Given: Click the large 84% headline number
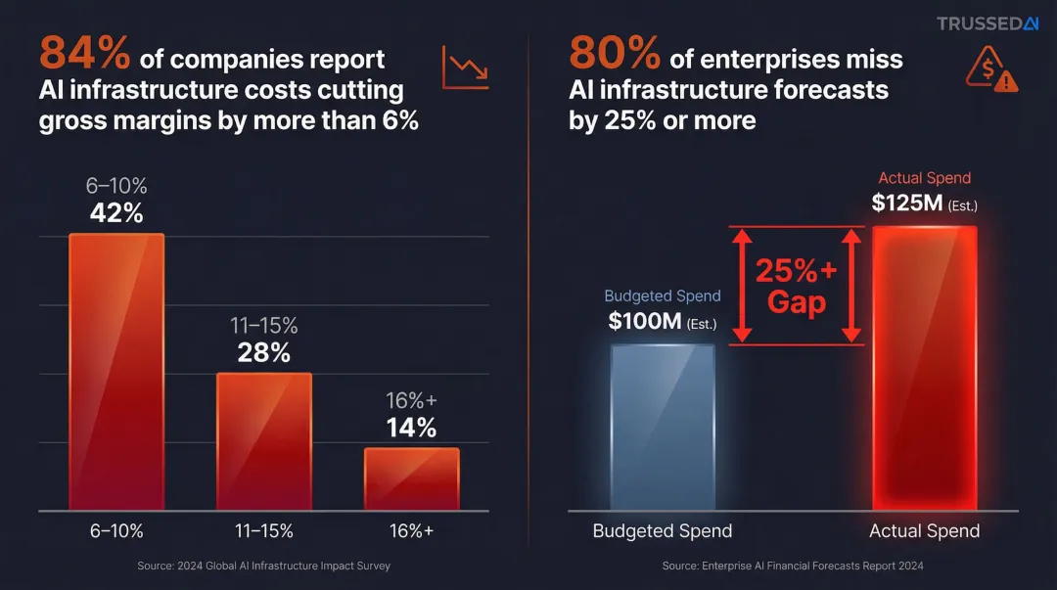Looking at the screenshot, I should pos(84,54).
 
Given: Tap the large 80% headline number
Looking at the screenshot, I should pos(614,54).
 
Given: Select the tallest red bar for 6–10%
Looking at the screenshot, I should pos(116,372).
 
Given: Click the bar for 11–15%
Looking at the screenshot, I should pos(264,441).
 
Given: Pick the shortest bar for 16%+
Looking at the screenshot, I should pos(411,478).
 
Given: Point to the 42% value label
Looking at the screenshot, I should pos(116,213).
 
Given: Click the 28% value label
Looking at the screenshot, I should pos(264,353).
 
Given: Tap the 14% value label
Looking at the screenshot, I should pos(411,428).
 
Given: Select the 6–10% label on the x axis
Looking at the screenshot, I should pos(116,531).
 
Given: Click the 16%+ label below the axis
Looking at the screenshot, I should pos(411,531).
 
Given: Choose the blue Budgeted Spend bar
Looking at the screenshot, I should pos(663,427).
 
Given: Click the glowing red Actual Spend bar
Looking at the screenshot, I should pos(924,368).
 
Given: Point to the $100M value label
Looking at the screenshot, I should pos(647,321).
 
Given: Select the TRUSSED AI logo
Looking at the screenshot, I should pos(987,23).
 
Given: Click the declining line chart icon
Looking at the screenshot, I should pos(465,67).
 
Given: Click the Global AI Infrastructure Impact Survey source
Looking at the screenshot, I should pos(264,566).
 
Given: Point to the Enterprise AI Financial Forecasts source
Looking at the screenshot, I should pos(793,566).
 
